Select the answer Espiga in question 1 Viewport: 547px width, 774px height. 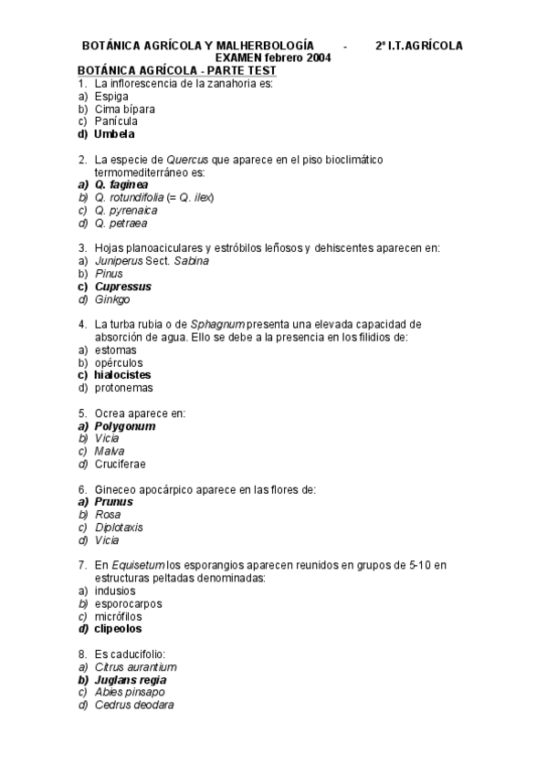(x=111, y=96)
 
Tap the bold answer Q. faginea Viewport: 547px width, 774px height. (x=121, y=184)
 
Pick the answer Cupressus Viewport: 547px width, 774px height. (x=123, y=287)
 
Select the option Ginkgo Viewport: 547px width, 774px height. (x=112, y=299)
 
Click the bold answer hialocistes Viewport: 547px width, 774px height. (x=122, y=375)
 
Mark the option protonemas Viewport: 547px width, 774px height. (x=123, y=388)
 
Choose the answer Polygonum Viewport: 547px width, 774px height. (x=125, y=426)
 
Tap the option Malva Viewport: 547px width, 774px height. (x=110, y=451)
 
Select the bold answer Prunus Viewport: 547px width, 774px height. (x=114, y=502)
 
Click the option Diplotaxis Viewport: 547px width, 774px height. (x=119, y=528)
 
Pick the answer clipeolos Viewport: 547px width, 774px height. (x=118, y=629)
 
